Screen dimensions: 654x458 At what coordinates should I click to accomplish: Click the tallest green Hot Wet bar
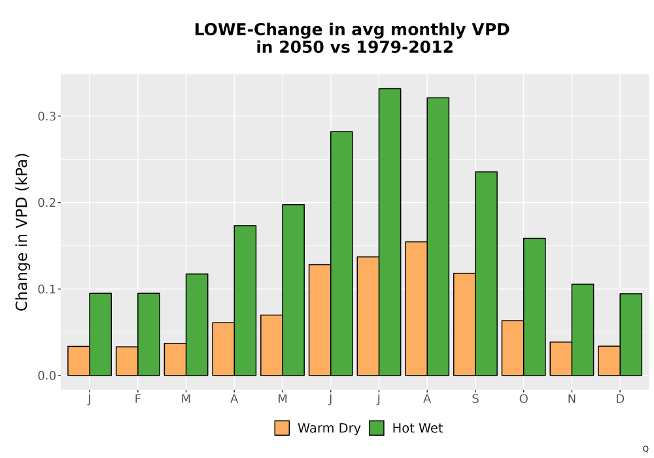(x=390, y=232)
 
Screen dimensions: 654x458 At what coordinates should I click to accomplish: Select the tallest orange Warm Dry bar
(x=416, y=309)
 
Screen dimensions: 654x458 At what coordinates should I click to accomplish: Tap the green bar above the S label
(x=487, y=273)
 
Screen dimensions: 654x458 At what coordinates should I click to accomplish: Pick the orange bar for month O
(x=513, y=348)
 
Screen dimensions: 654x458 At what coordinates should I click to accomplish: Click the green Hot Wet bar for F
(x=148, y=334)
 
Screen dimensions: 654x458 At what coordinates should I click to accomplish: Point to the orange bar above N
(x=561, y=359)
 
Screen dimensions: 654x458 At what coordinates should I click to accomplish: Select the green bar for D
(x=630, y=334)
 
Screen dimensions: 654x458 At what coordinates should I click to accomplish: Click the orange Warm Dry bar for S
(x=464, y=325)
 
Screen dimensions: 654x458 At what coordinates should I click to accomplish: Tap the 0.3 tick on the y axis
(x=46, y=116)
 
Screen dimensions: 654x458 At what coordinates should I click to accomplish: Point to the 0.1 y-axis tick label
(x=46, y=289)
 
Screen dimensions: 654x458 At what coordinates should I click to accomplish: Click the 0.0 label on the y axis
(x=46, y=376)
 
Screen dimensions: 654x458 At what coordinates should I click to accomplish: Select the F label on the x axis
(x=137, y=399)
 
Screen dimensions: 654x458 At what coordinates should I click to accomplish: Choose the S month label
(x=475, y=399)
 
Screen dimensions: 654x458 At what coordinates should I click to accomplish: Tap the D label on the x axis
(x=620, y=399)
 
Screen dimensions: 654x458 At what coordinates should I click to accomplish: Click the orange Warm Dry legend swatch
(x=282, y=428)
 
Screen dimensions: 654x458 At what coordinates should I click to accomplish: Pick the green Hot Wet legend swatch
(x=377, y=428)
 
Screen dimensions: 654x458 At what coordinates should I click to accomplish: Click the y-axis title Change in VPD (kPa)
(x=22, y=232)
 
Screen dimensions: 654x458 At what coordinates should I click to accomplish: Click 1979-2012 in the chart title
(x=405, y=47)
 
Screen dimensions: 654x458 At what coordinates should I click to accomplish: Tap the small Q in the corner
(x=645, y=449)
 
